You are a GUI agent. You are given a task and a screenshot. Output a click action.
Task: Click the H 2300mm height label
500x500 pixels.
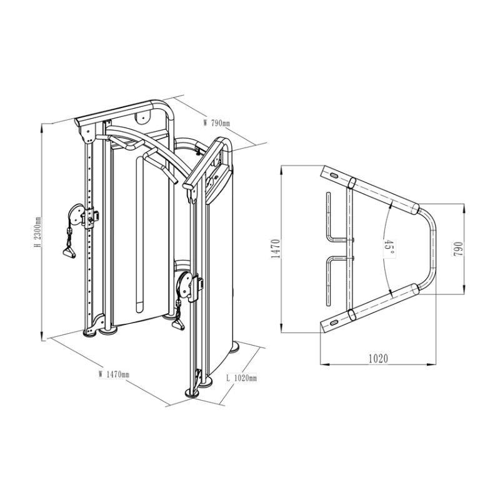click(37, 232)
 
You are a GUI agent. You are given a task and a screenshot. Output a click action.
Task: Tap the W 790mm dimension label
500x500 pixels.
click(216, 122)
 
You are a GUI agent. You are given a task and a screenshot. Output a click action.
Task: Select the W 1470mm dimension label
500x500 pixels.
click(114, 374)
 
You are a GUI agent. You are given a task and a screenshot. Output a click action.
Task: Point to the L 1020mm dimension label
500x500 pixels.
click(241, 378)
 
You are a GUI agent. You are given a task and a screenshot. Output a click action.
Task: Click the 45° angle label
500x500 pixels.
click(389, 247)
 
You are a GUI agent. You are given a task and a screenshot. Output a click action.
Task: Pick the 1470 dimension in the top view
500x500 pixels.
click(276, 249)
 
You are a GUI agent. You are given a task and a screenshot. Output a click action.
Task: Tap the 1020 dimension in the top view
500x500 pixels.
click(379, 358)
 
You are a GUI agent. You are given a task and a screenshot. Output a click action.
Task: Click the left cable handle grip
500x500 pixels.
click(69, 252)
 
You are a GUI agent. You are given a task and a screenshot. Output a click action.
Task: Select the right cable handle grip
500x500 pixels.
click(178, 325)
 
